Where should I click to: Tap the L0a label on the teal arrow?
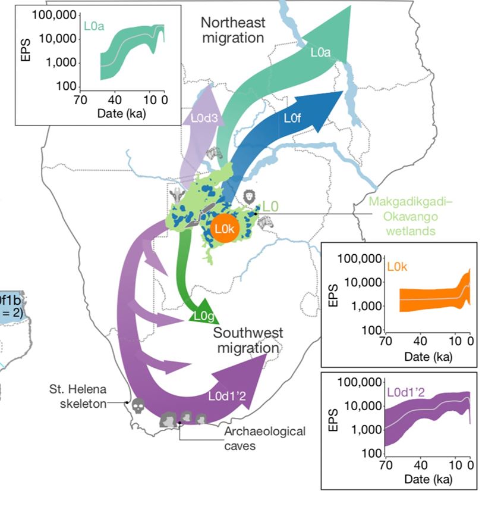pyautogui.click(x=320, y=52)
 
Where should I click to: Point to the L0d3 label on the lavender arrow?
pyautogui.click(x=201, y=117)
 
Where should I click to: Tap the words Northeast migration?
pyautogui.click(x=232, y=30)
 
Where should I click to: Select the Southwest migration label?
pyautogui.click(x=248, y=340)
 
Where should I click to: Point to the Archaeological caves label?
pyautogui.click(x=265, y=438)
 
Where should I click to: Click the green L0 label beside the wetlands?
pyautogui.click(x=270, y=207)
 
